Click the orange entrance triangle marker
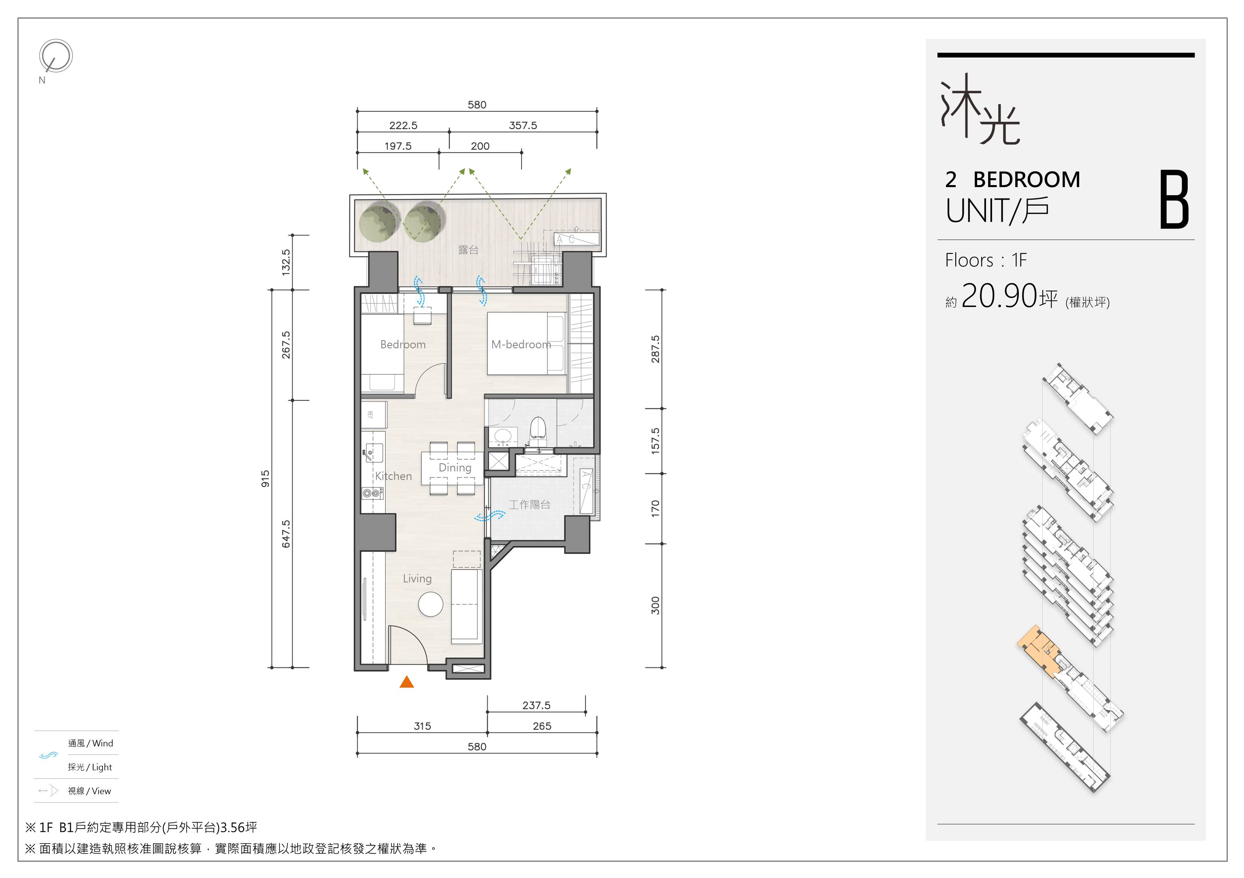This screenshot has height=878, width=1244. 407,682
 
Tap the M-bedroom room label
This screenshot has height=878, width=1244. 521,344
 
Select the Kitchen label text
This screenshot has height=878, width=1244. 393,476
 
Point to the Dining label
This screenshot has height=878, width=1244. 455,468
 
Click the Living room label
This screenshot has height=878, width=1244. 417,579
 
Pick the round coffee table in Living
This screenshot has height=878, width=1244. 431,604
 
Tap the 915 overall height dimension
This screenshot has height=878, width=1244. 265,479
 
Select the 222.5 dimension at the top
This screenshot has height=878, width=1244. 403,125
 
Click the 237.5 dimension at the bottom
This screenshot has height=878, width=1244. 537,705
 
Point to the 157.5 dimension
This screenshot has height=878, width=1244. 656,441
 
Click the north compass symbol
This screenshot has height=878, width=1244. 55,56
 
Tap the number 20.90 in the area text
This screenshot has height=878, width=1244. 999,296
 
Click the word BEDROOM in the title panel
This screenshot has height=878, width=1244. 1027,179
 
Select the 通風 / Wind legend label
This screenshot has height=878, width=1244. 90,743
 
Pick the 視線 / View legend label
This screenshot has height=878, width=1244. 89,791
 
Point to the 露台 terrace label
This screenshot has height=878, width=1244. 468,250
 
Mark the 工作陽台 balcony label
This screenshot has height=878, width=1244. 529,505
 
